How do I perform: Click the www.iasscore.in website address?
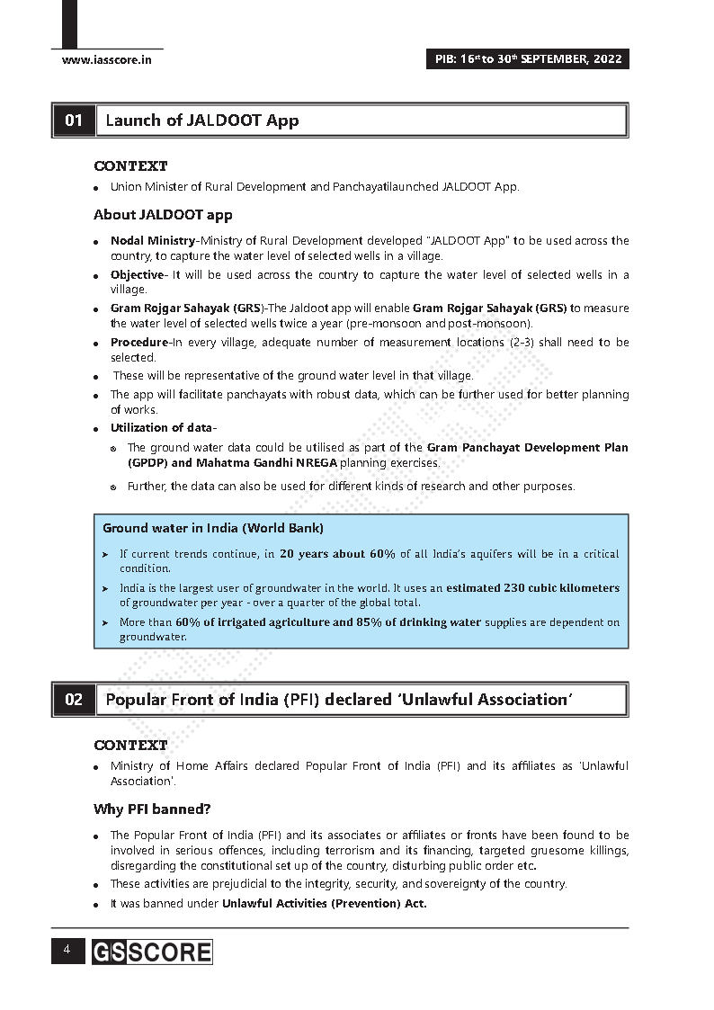click(106, 60)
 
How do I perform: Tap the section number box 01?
click(74, 121)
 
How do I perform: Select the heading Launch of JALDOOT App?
click(202, 121)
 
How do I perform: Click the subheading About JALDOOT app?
click(163, 215)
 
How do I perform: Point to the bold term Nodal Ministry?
click(152, 241)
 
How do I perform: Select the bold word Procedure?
click(138, 343)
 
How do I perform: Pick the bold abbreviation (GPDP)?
click(147, 463)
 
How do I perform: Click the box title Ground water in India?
click(212, 528)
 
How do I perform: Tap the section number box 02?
click(74, 700)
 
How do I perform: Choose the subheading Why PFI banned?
click(152, 809)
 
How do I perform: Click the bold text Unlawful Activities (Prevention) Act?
click(324, 904)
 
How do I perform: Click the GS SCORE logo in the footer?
click(151, 952)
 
